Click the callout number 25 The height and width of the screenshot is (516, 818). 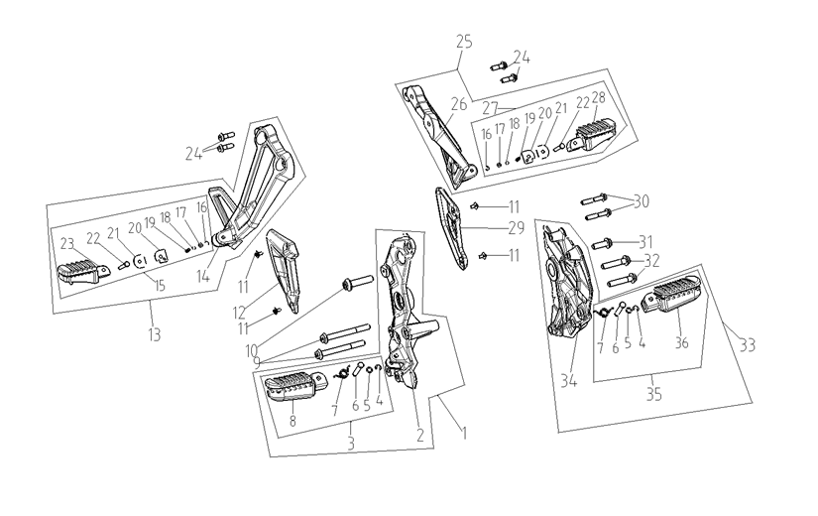pyautogui.click(x=464, y=42)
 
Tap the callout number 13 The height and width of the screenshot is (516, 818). pyautogui.click(x=155, y=334)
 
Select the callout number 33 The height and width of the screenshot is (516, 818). pyautogui.click(x=747, y=345)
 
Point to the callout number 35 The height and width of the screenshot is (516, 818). pyautogui.click(x=653, y=394)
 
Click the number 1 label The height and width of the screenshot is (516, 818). pyautogui.click(x=464, y=433)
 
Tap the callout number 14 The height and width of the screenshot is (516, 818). pyautogui.click(x=203, y=276)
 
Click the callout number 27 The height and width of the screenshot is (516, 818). pyautogui.click(x=491, y=108)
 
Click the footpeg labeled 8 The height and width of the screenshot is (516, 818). pyautogui.click(x=296, y=389)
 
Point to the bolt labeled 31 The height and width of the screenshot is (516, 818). pyautogui.click(x=604, y=243)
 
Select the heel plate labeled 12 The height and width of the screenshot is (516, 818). pyautogui.click(x=285, y=270)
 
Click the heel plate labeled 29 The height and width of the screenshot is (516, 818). pyautogui.click(x=452, y=227)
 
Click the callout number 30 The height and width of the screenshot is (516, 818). pyautogui.click(x=642, y=201)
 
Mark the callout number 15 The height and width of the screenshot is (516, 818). pyautogui.click(x=159, y=285)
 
